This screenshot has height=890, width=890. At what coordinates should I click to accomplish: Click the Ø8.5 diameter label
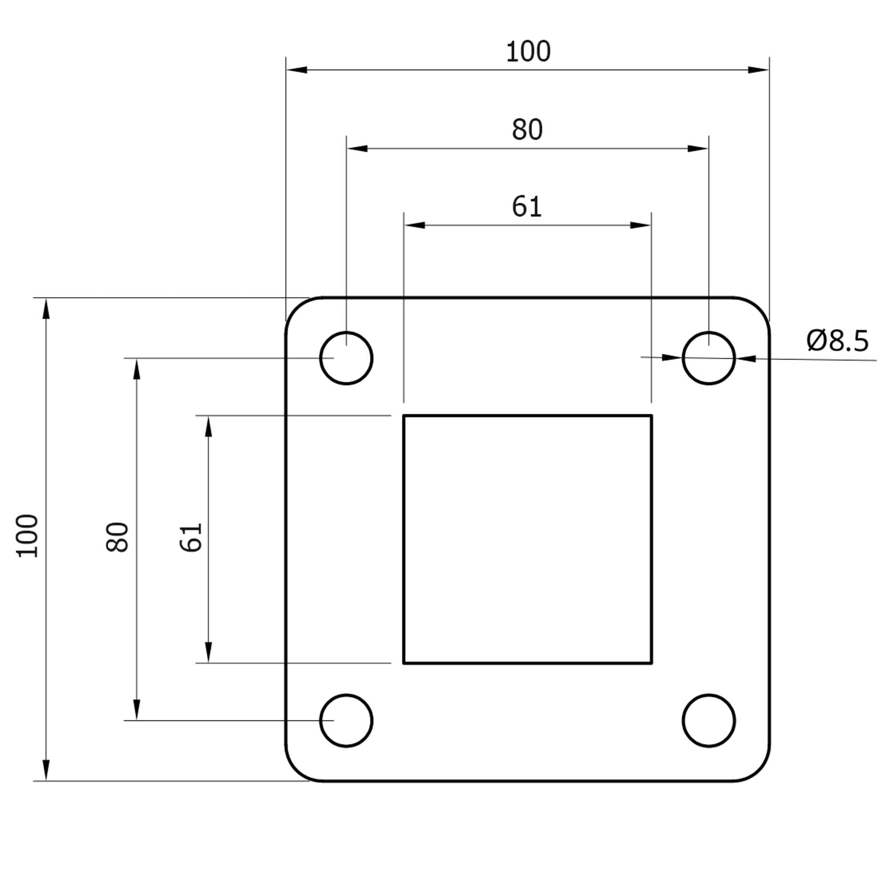pos(837,340)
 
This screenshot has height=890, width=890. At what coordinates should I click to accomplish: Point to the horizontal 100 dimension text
pos(528,52)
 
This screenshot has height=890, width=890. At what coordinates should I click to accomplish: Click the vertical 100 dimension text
pos(28,536)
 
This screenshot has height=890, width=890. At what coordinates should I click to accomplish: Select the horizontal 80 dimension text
pos(527,130)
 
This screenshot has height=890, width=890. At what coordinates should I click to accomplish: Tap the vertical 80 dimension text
pos(118,537)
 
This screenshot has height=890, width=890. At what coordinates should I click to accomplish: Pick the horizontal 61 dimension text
pos(527,207)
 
